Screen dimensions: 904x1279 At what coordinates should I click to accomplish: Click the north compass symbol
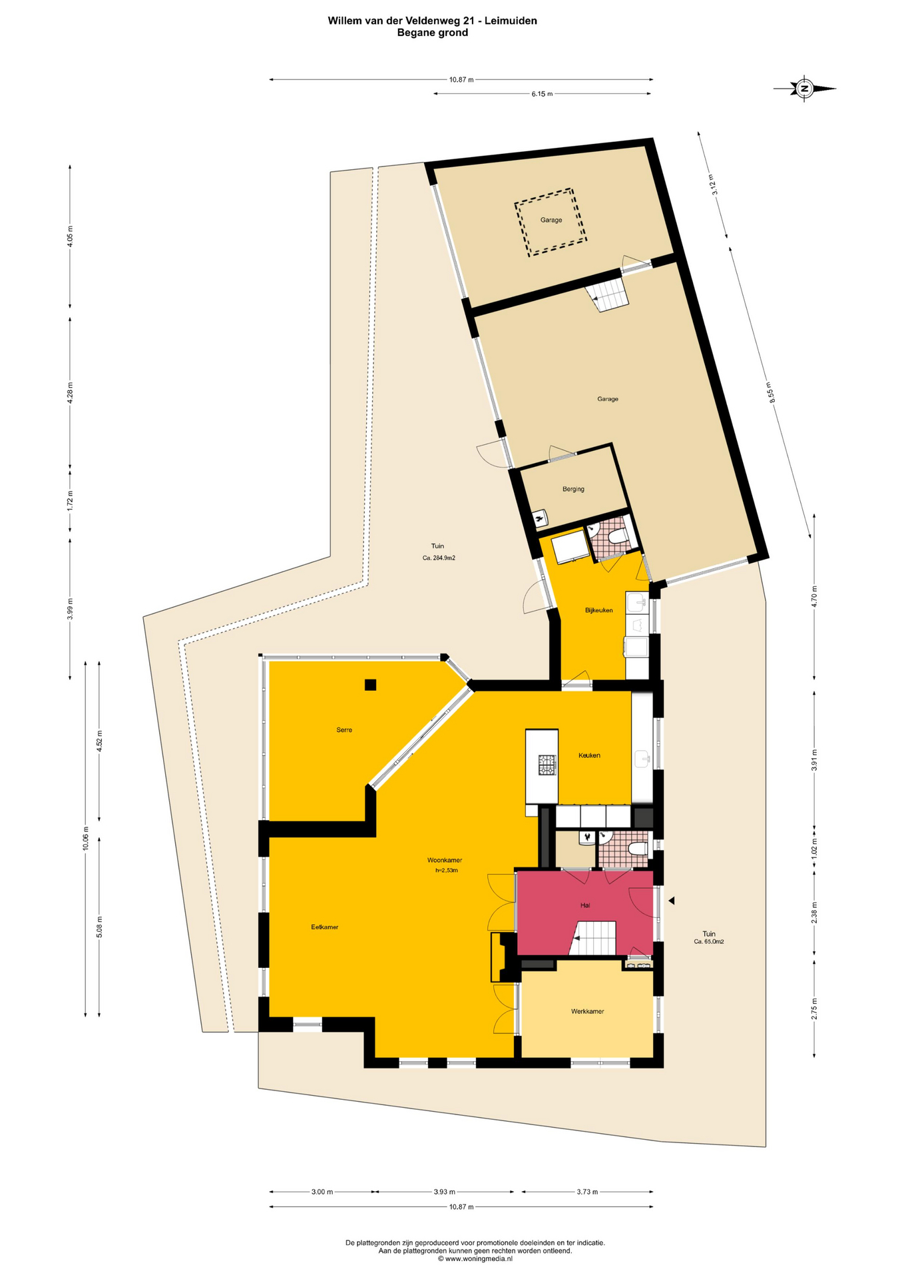[804, 88]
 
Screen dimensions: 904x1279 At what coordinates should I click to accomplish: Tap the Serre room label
[344, 730]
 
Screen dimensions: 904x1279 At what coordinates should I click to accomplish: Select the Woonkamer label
[445, 860]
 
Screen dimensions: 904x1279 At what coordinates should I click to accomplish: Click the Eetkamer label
[325, 927]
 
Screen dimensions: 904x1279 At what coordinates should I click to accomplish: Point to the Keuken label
[589, 755]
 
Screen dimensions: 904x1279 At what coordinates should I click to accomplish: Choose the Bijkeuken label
[598, 610]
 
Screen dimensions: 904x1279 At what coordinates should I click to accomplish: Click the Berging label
[573, 489]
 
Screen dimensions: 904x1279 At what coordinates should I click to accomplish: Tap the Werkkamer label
[587, 1011]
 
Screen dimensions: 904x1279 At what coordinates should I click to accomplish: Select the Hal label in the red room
[585, 905]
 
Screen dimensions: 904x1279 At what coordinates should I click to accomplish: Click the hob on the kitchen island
[547, 764]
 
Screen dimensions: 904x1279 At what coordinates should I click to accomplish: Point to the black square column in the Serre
[370, 684]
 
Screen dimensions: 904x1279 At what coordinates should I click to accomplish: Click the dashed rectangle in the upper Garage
[551, 222]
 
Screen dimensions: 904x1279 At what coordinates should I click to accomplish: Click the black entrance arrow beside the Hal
[672, 901]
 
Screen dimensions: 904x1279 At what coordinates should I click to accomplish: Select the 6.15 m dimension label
[542, 94]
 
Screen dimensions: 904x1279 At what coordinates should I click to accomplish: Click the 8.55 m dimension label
[770, 392]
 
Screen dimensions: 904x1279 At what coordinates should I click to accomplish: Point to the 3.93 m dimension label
[444, 1192]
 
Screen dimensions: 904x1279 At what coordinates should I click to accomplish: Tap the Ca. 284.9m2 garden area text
[439, 558]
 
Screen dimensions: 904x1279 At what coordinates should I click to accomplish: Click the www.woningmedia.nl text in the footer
[475, 1259]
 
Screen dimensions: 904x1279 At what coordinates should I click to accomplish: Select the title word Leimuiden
[511, 21]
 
